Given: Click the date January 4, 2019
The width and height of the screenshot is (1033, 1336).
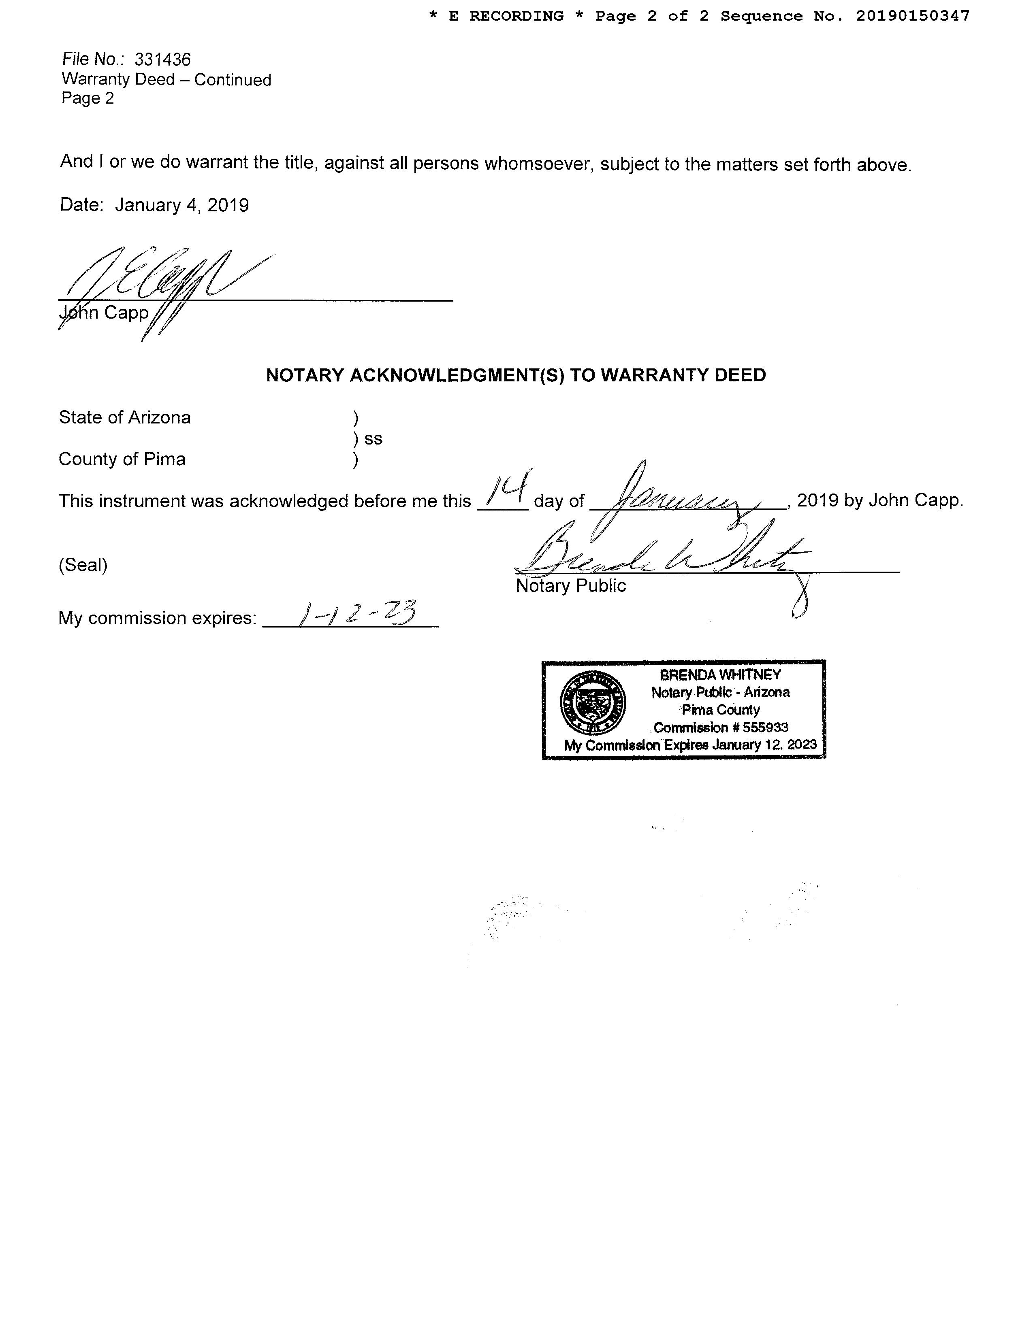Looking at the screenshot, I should (x=182, y=205).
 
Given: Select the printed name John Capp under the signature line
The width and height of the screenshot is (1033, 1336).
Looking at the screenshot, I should (x=104, y=313).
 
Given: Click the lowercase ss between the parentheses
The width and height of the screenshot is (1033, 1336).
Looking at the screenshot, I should (x=374, y=438).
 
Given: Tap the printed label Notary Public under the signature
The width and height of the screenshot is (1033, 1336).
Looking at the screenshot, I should (x=570, y=586).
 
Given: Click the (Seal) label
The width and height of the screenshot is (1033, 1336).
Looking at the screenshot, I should (x=83, y=565).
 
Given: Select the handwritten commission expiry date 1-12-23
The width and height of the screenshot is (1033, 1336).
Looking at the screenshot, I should (x=355, y=614).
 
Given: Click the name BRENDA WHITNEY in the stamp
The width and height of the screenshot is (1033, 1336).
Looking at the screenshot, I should (x=720, y=675).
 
